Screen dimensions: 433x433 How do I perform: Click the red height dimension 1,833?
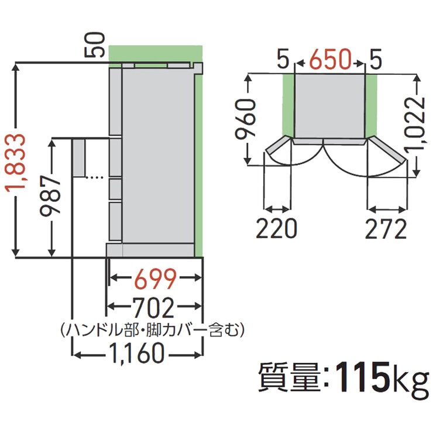tap(18, 161)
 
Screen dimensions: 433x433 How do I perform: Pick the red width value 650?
tap(331, 59)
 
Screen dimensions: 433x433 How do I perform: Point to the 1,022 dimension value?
tap(417, 125)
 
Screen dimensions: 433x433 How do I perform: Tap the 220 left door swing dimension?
tap(276, 229)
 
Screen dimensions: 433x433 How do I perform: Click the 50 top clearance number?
tap(97, 45)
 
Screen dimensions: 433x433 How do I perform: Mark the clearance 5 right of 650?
tap(376, 59)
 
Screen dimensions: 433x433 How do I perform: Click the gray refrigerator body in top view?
tap(330, 105)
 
